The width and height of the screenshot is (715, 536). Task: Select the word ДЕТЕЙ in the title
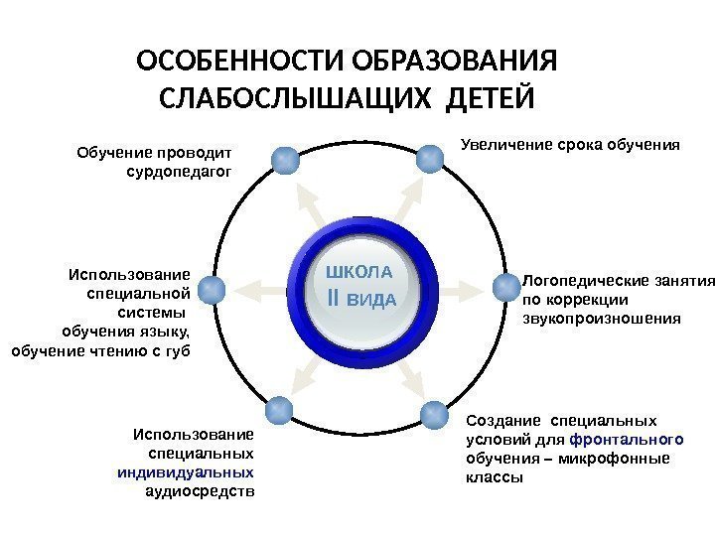point(491,101)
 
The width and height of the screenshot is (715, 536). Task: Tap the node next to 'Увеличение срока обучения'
point(429,156)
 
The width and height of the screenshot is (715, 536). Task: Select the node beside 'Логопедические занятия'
point(505,288)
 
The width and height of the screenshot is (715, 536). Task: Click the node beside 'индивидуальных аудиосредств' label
point(278,409)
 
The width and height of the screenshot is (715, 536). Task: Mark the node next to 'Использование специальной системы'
point(211,289)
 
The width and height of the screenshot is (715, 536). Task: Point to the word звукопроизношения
point(602,320)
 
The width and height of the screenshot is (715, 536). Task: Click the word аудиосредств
point(200,490)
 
